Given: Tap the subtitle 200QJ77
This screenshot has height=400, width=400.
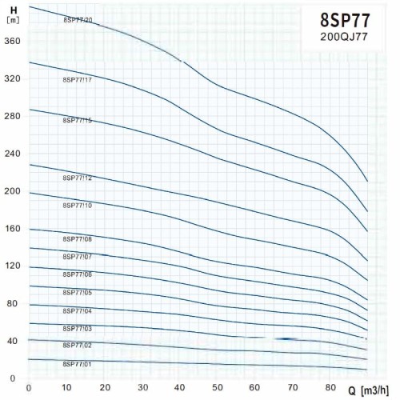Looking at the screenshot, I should pos(345,38).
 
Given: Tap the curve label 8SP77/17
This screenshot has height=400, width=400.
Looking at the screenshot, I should pos(78,80).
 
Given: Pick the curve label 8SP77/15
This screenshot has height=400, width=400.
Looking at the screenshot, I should pos(78,120).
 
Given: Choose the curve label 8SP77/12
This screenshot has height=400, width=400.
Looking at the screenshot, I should pos(78,178).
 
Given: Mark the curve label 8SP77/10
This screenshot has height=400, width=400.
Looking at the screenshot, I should pos(78,206).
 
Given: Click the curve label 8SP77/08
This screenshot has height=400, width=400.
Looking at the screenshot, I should pos(78,239).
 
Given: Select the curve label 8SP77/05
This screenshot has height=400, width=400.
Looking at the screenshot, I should pos(78,293).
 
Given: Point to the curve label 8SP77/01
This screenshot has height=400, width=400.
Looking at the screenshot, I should pos(78,364).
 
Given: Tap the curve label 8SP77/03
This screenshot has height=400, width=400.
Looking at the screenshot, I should pos(78,328).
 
